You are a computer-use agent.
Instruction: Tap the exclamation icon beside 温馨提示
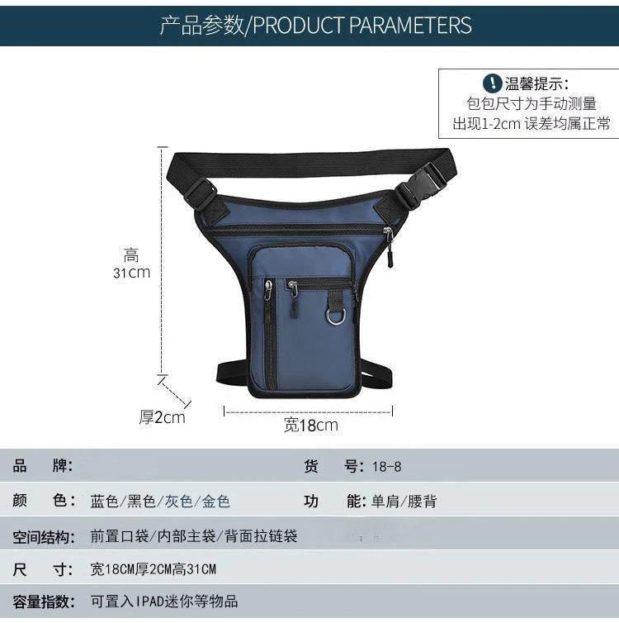(x=492, y=83)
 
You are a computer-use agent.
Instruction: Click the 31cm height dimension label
(x=132, y=272)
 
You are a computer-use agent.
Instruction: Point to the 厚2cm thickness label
(x=162, y=417)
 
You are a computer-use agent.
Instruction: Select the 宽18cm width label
(x=311, y=426)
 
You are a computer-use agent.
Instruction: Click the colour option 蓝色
(x=105, y=502)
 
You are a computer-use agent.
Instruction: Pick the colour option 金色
(x=216, y=502)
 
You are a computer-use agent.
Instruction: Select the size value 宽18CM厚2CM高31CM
(x=154, y=569)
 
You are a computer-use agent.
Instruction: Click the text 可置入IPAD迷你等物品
(x=164, y=602)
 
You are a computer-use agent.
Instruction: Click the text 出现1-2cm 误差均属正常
(x=532, y=124)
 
